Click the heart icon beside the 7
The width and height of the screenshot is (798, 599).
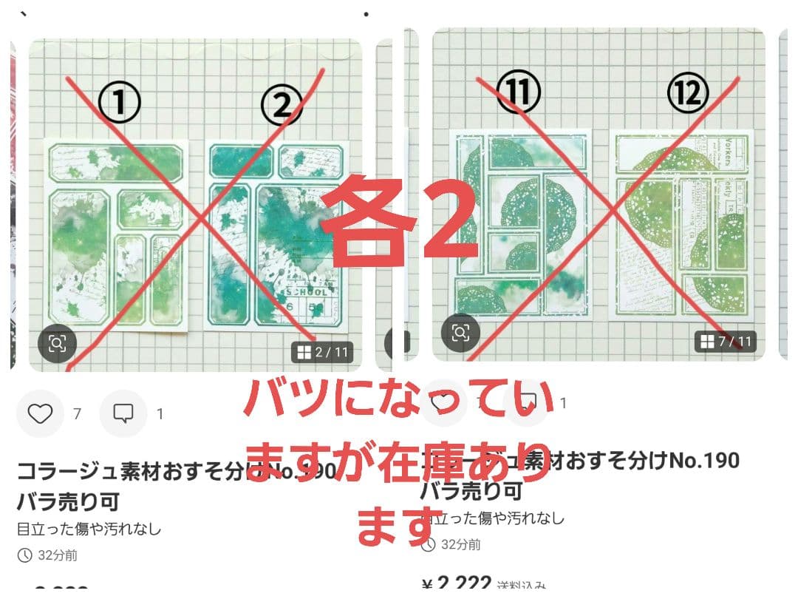click(x=40, y=413)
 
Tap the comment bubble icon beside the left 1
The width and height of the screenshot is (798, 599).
click(x=123, y=413)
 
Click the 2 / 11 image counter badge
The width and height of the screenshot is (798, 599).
click(x=321, y=352)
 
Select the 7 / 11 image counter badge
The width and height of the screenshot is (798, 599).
click(x=726, y=341)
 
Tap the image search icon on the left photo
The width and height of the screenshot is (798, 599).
click(x=58, y=342)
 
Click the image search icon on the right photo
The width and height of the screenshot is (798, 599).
click(x=460, y=332)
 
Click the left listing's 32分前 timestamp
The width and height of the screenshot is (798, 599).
click(x=49, y=555)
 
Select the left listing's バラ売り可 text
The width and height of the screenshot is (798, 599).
click(x=68, y=501)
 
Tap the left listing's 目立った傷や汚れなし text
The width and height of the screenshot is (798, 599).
click(x=89, y=529)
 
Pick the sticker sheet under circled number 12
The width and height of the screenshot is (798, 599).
click(x=681, y=226)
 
